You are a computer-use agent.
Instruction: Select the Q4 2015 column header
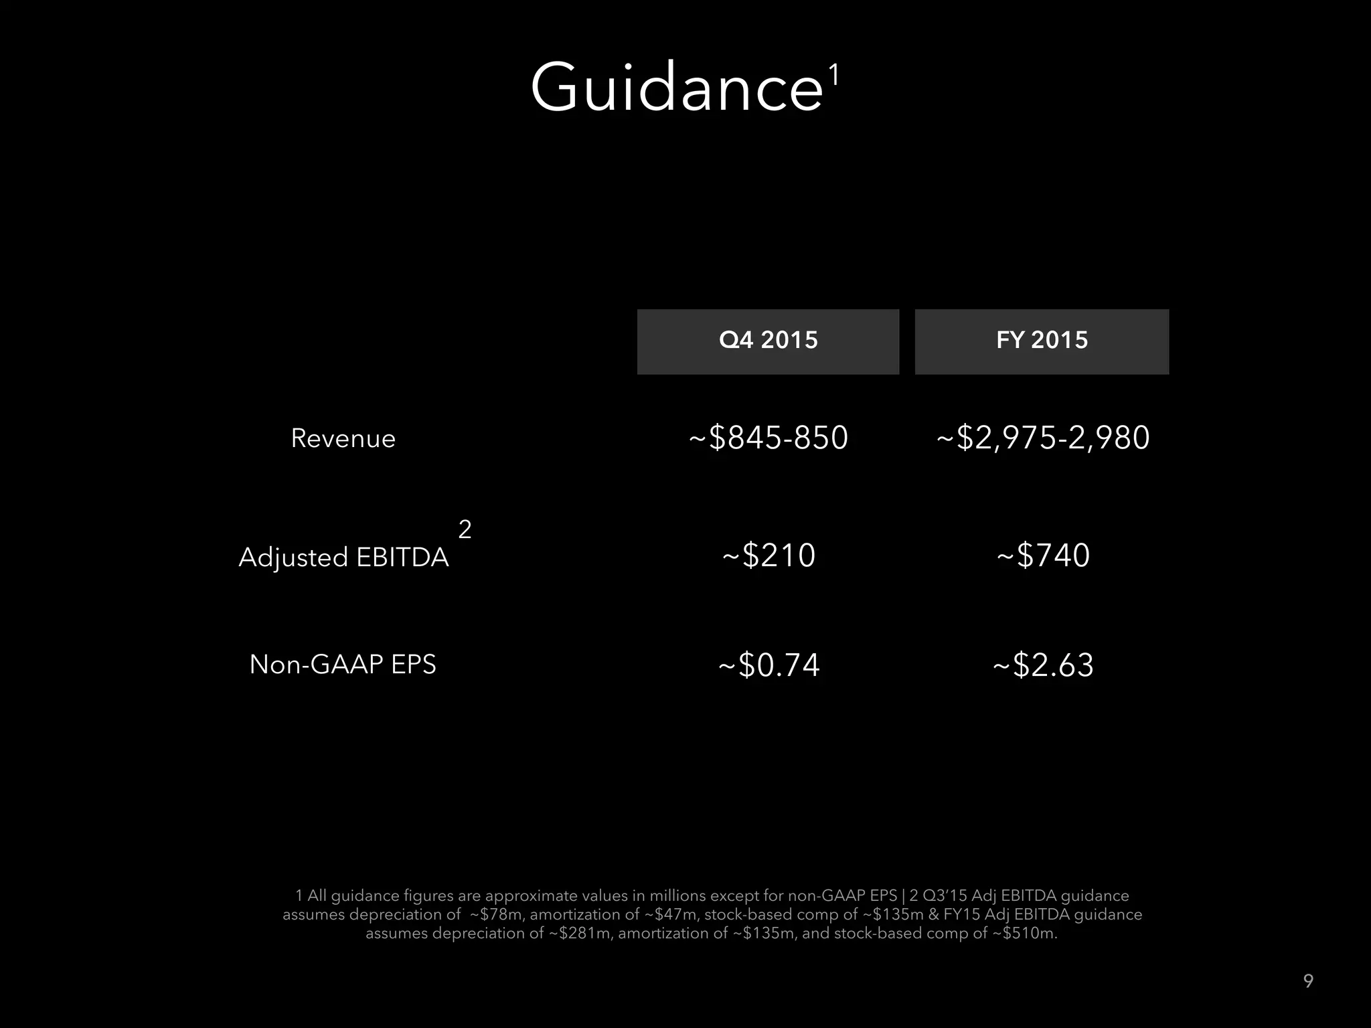pos(768,341)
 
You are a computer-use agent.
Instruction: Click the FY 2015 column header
pos(1042,341)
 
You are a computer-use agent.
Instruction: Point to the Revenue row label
pos(343,438)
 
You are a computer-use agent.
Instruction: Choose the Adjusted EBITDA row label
pos(343,557)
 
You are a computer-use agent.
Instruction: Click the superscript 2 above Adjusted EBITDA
pos(465,529)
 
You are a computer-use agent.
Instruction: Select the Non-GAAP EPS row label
pos(343,665)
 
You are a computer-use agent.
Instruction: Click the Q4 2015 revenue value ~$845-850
pos(769,438)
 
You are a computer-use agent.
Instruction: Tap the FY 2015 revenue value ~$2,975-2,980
pos(1042,438)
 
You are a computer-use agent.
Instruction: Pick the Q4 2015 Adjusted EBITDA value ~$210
pos(769,555)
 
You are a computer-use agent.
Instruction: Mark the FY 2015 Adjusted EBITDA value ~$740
pos(1043,555)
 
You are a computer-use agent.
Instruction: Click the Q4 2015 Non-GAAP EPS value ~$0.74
pos(769,665)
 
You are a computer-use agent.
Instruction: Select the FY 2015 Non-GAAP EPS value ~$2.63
pos(1043,665)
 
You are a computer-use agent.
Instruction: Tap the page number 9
pos(1308,981)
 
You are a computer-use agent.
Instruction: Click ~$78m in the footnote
pos(496,915)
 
